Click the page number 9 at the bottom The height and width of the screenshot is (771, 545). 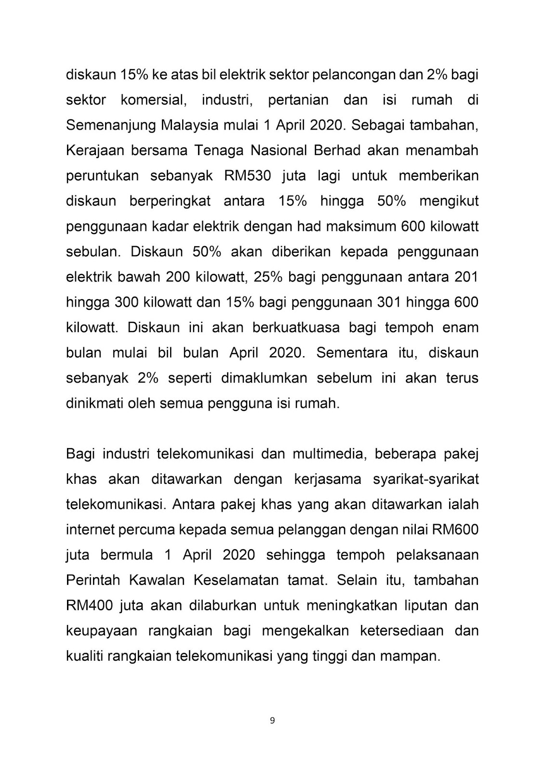coord(272,721)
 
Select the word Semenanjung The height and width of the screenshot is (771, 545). coord(110,125)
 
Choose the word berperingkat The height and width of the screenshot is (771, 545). coord(170,200)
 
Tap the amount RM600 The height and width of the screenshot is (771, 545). coord(455,530)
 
